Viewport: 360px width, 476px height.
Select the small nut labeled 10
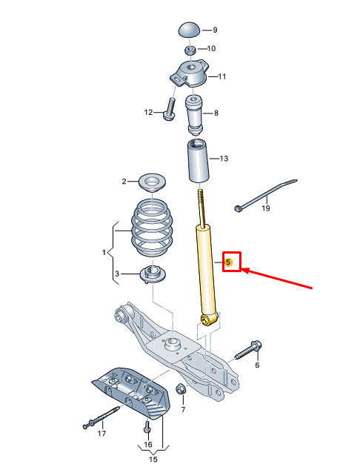coord(190,49)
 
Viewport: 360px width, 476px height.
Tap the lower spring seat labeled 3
coord(151,276)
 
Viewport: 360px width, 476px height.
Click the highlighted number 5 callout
coord(230,262)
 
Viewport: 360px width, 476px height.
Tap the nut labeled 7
coord(180,390)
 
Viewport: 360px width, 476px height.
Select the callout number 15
coord(153,460)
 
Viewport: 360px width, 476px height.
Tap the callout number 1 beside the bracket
coord(104,253)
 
